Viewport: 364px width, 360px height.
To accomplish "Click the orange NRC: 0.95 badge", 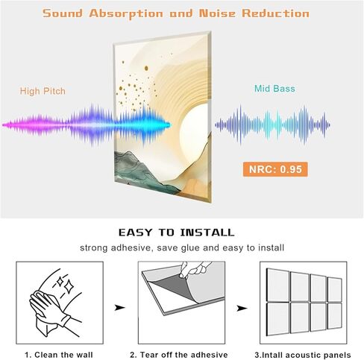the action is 275,169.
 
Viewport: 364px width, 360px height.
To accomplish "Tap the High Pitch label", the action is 43,91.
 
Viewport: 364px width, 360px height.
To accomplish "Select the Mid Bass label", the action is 274,89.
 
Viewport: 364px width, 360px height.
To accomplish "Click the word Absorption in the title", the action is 126,13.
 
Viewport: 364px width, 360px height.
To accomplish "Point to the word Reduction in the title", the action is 275,13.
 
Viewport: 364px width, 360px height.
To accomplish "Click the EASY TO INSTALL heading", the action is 177,233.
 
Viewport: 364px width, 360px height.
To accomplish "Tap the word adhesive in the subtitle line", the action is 131,248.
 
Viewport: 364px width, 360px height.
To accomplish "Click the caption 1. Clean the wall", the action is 59,355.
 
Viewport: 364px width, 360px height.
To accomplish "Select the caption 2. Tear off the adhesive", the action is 179,355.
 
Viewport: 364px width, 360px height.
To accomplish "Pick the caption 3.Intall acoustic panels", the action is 303,355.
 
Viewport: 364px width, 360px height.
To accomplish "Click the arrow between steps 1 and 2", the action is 119,308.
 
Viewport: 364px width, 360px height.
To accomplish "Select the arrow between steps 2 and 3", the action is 242,309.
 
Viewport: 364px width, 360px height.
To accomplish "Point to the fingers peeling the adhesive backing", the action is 195,269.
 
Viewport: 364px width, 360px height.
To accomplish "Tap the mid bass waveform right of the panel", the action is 272,125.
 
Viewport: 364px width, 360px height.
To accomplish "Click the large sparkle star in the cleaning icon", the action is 69,287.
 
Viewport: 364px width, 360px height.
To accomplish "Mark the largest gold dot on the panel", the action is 146,68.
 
